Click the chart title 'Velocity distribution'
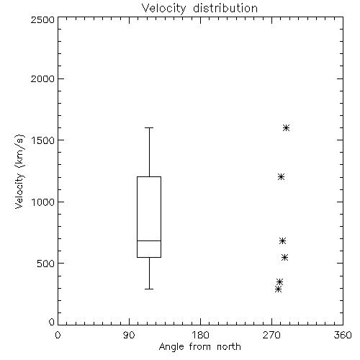[199, 9]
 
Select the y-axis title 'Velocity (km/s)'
[19, 171]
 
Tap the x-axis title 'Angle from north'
[199, 347]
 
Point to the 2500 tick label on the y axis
[42, 19]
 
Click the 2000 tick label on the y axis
[42, 78]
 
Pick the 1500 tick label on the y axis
[43, 140]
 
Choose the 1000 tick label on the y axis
[43, 202]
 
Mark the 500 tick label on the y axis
[46, 264]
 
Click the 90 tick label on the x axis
[129, 335]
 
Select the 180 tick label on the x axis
[199, 335]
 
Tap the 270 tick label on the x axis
[271, 335]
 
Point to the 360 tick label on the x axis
[343, 335]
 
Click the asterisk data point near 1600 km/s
[286, 127]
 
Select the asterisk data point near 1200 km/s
[281, 177]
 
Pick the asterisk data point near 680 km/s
[282, 240]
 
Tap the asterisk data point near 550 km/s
[284, 258]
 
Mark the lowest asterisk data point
[278, 289]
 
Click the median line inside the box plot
[149, 240]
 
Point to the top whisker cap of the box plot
[149, 127]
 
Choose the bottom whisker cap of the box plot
[149, 289]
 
